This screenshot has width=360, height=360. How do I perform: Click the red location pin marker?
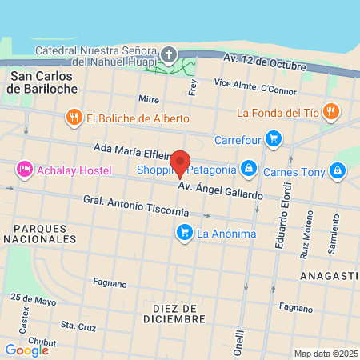(x=181, y=163)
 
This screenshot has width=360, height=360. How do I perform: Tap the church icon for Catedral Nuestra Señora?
(x=169, y=54)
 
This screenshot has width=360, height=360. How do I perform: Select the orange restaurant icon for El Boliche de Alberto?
(x=74, y=118)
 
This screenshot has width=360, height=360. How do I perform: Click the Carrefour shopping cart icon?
(x=274, y=138)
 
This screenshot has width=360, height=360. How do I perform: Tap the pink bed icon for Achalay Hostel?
(x=25, y=169)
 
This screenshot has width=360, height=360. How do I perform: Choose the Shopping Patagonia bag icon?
(x=249, y=169)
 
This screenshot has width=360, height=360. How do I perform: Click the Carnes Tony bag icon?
(x=338, y=170)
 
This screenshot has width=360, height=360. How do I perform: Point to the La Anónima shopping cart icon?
(x=184, y=234)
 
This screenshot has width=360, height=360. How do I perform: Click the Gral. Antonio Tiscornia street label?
(x=136, y=206)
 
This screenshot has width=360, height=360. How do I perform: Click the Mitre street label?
(x=149, y=99)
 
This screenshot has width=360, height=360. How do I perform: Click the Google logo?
(x=26, y=350)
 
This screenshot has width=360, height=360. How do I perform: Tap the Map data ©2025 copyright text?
(x=323, y=354)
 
